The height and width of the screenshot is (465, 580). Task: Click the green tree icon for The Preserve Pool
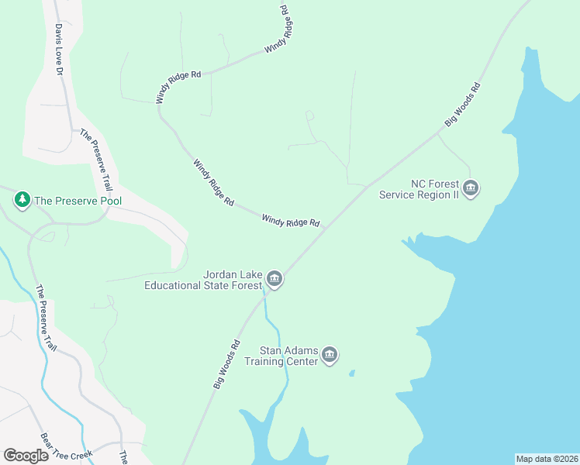(x=22, y=200)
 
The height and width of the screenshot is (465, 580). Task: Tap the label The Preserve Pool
(x=78, y=201)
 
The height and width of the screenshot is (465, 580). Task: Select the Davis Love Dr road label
(x=57, y=48)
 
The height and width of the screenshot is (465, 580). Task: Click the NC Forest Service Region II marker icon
(x=471, y=188)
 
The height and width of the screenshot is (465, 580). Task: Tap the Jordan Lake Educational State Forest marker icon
(x=274, y=279)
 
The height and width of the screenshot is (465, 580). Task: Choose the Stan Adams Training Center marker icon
(x=330, y=356)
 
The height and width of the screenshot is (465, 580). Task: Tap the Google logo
(x=26, y=455)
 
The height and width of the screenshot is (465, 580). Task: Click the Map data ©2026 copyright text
(x=547, y=459)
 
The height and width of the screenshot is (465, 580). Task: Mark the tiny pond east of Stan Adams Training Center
(x=351, y=373)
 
